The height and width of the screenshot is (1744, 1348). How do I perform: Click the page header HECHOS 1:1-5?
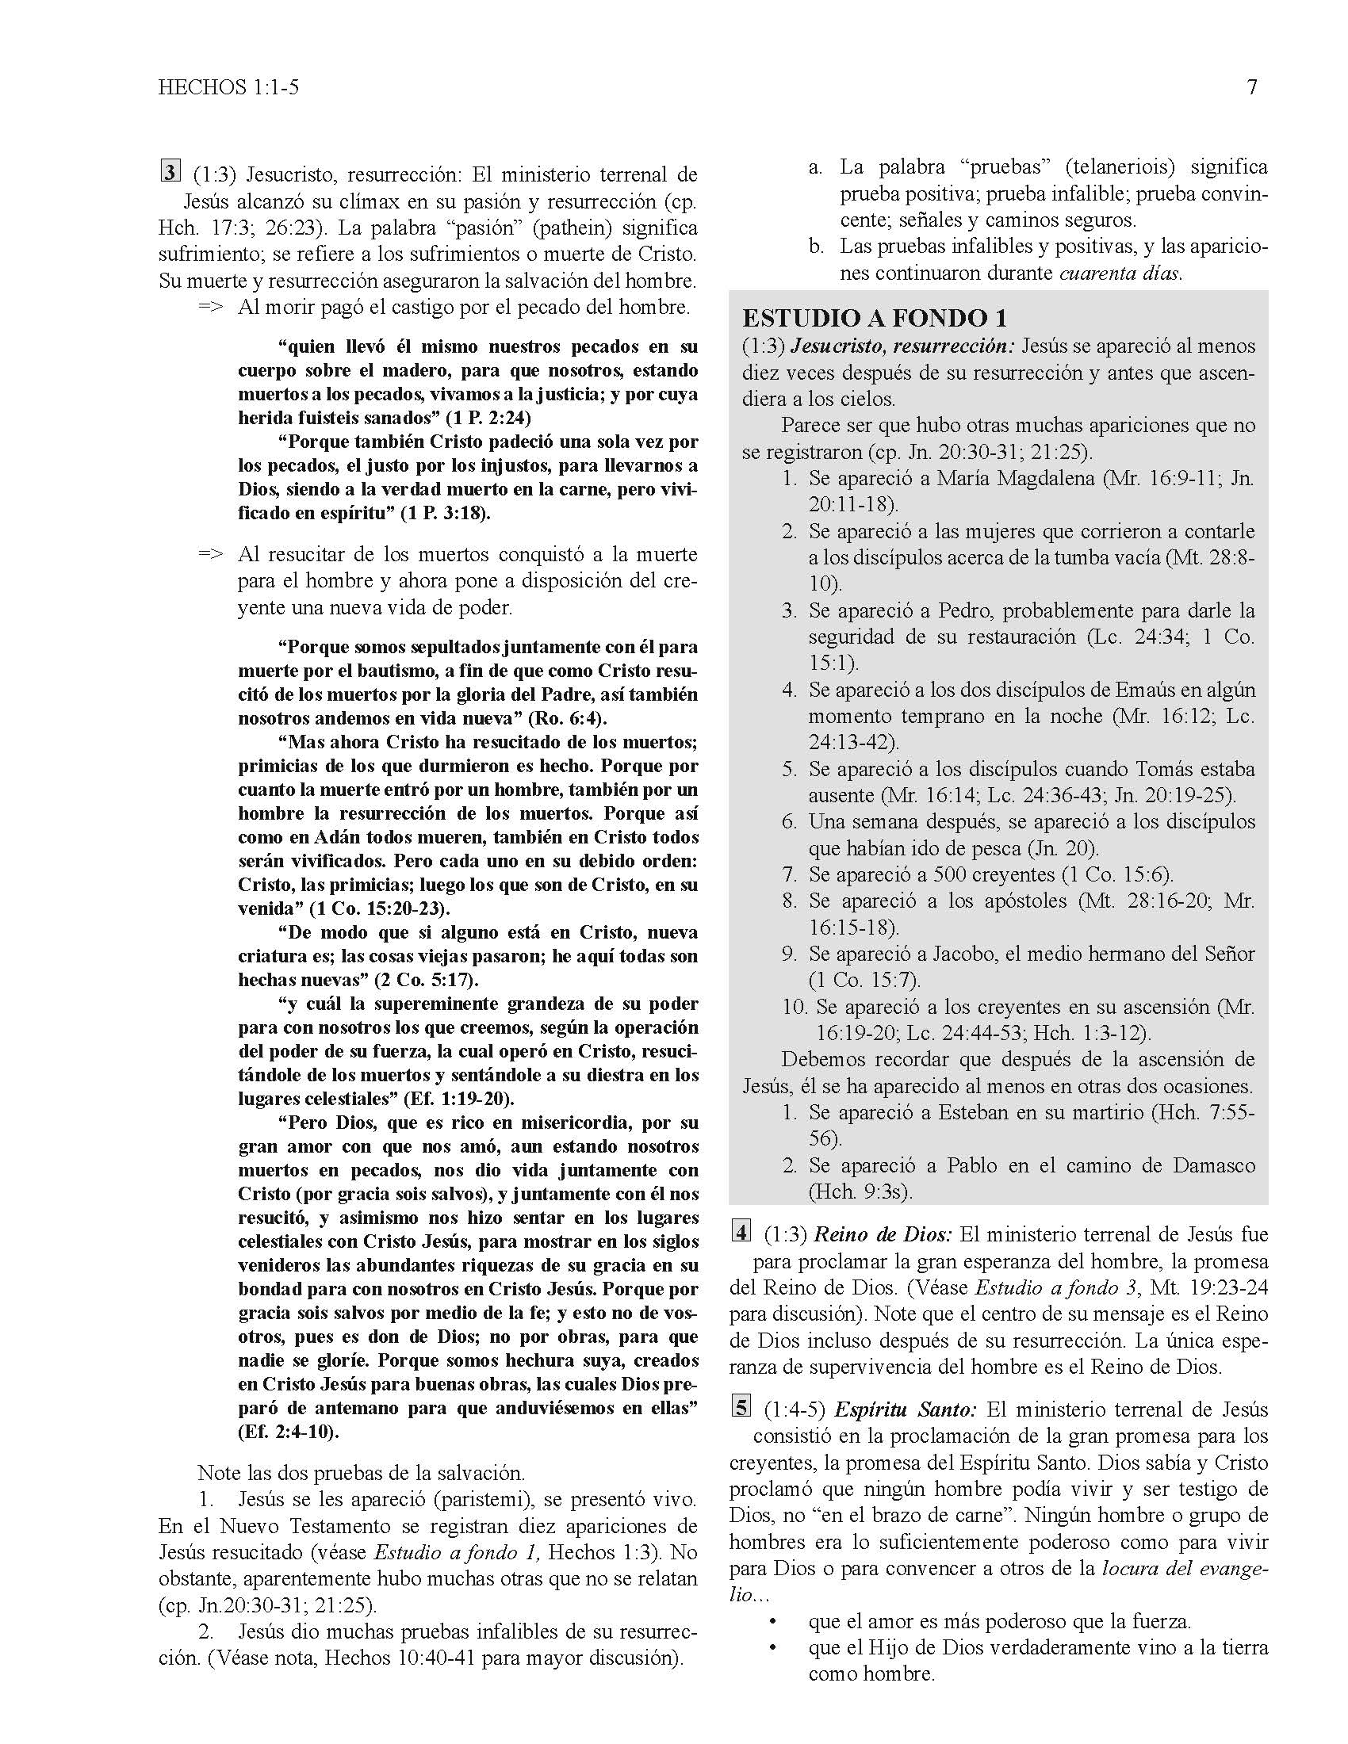(x=228, y=87)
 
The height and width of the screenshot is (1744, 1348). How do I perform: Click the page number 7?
(x=1251, y=87)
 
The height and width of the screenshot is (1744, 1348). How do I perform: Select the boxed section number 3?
(x=170, y=172)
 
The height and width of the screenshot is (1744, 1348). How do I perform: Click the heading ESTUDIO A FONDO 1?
(x=875, y=318)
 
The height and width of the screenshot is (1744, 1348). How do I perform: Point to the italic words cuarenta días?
(x=1120, y=273)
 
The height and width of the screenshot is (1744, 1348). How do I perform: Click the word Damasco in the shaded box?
(x=1213, y=1165)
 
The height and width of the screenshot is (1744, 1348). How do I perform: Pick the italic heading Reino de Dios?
(x=883, y=1233)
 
